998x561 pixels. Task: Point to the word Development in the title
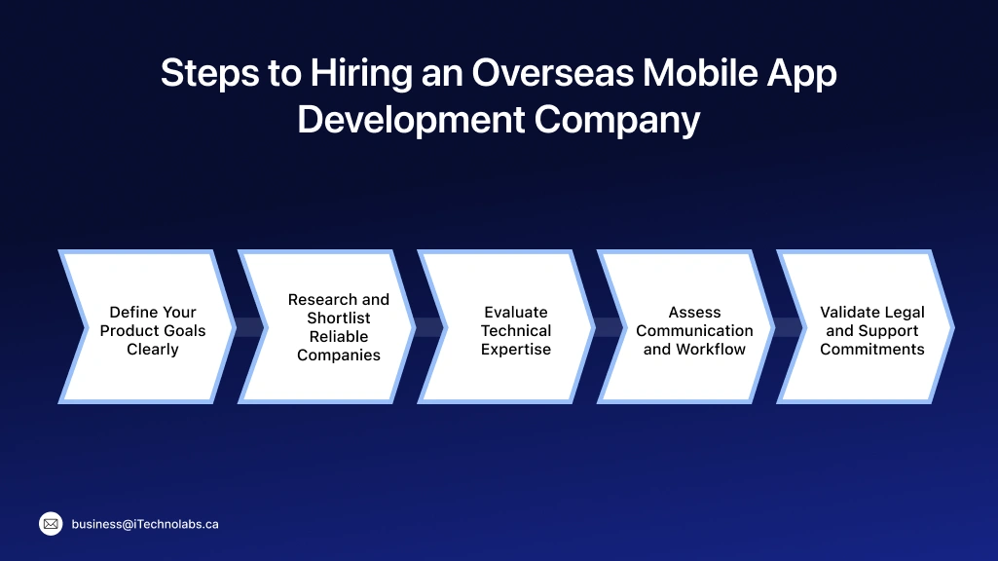pos(410,120)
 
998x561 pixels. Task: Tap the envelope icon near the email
pos(51,524)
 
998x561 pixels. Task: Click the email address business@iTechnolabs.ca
pos(145,524)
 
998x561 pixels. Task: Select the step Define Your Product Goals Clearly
pos(153,330)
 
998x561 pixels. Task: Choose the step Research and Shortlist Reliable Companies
pos(338,327)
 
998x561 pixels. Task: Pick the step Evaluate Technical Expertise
pos(516,330)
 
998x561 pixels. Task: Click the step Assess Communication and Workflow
pos(694,330)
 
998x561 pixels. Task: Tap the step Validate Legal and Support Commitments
pos(872,330)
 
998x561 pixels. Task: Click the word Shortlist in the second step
pos(339,318)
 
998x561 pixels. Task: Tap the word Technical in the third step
pos(516,330)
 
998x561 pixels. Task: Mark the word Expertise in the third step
pos(516,350)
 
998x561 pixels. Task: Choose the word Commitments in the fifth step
pos(872,350)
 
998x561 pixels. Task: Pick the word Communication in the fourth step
pos(694,330)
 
